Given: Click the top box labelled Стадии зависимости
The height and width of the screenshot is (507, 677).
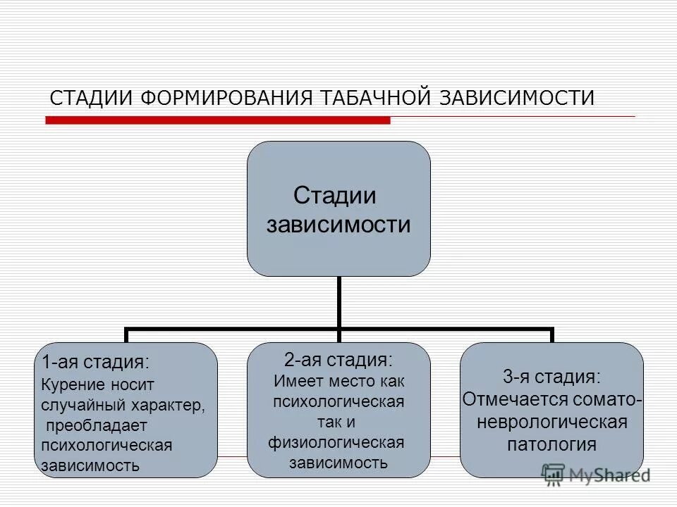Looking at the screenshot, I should click(x=338, y=208).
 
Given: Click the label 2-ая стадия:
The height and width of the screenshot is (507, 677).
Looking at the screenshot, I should click(x=338, y=359).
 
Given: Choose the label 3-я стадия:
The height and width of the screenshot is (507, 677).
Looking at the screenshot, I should click(x=551, y=376).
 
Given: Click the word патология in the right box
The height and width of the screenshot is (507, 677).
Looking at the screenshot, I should click(x=551, y=444).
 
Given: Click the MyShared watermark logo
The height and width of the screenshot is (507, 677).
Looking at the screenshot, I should click(x=596, y=475).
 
